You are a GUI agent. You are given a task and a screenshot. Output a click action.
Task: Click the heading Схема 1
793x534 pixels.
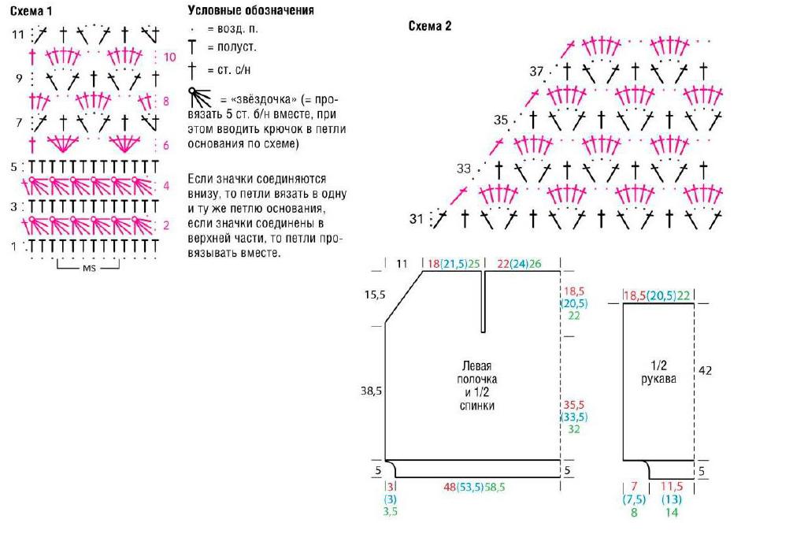tap(31, 10)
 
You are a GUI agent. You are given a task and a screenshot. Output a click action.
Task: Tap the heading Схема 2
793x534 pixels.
tap(429, 26)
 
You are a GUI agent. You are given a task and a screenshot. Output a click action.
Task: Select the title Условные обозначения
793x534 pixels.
tap(251, 10)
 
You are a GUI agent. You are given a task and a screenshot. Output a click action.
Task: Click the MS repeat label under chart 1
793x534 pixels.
tap(89, 268)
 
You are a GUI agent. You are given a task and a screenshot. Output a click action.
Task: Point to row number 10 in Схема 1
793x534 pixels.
tap(169, 57)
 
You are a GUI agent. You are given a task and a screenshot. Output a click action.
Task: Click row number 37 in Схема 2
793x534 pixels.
tap(536, 72)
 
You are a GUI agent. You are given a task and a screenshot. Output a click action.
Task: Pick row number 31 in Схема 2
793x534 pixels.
tap(417, 219)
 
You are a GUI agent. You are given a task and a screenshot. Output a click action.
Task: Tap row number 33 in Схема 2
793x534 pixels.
tap(464, 169)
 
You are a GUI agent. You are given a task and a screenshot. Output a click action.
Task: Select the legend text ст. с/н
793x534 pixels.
tap(234, 70)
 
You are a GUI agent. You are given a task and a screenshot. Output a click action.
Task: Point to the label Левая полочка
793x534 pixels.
tap(477, 373)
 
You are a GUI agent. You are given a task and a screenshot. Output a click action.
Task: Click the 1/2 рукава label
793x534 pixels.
tap(658, 372)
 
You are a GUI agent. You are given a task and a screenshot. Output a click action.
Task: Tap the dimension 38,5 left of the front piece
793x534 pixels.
tap(371, 391)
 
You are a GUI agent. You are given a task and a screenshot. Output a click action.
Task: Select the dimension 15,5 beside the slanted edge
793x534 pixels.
tap(375, 295)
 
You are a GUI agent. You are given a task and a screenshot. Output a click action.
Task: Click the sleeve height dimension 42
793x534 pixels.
tap(705, 371)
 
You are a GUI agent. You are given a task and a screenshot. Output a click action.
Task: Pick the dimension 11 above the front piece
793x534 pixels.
tap(402, 264)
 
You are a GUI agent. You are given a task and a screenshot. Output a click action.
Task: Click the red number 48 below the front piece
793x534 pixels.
tap(450, 487)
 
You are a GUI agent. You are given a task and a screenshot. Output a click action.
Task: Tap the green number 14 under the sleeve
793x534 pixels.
tap(672, 512)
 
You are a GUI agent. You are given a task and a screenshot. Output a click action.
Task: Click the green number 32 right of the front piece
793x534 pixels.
tap(573, 428)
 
